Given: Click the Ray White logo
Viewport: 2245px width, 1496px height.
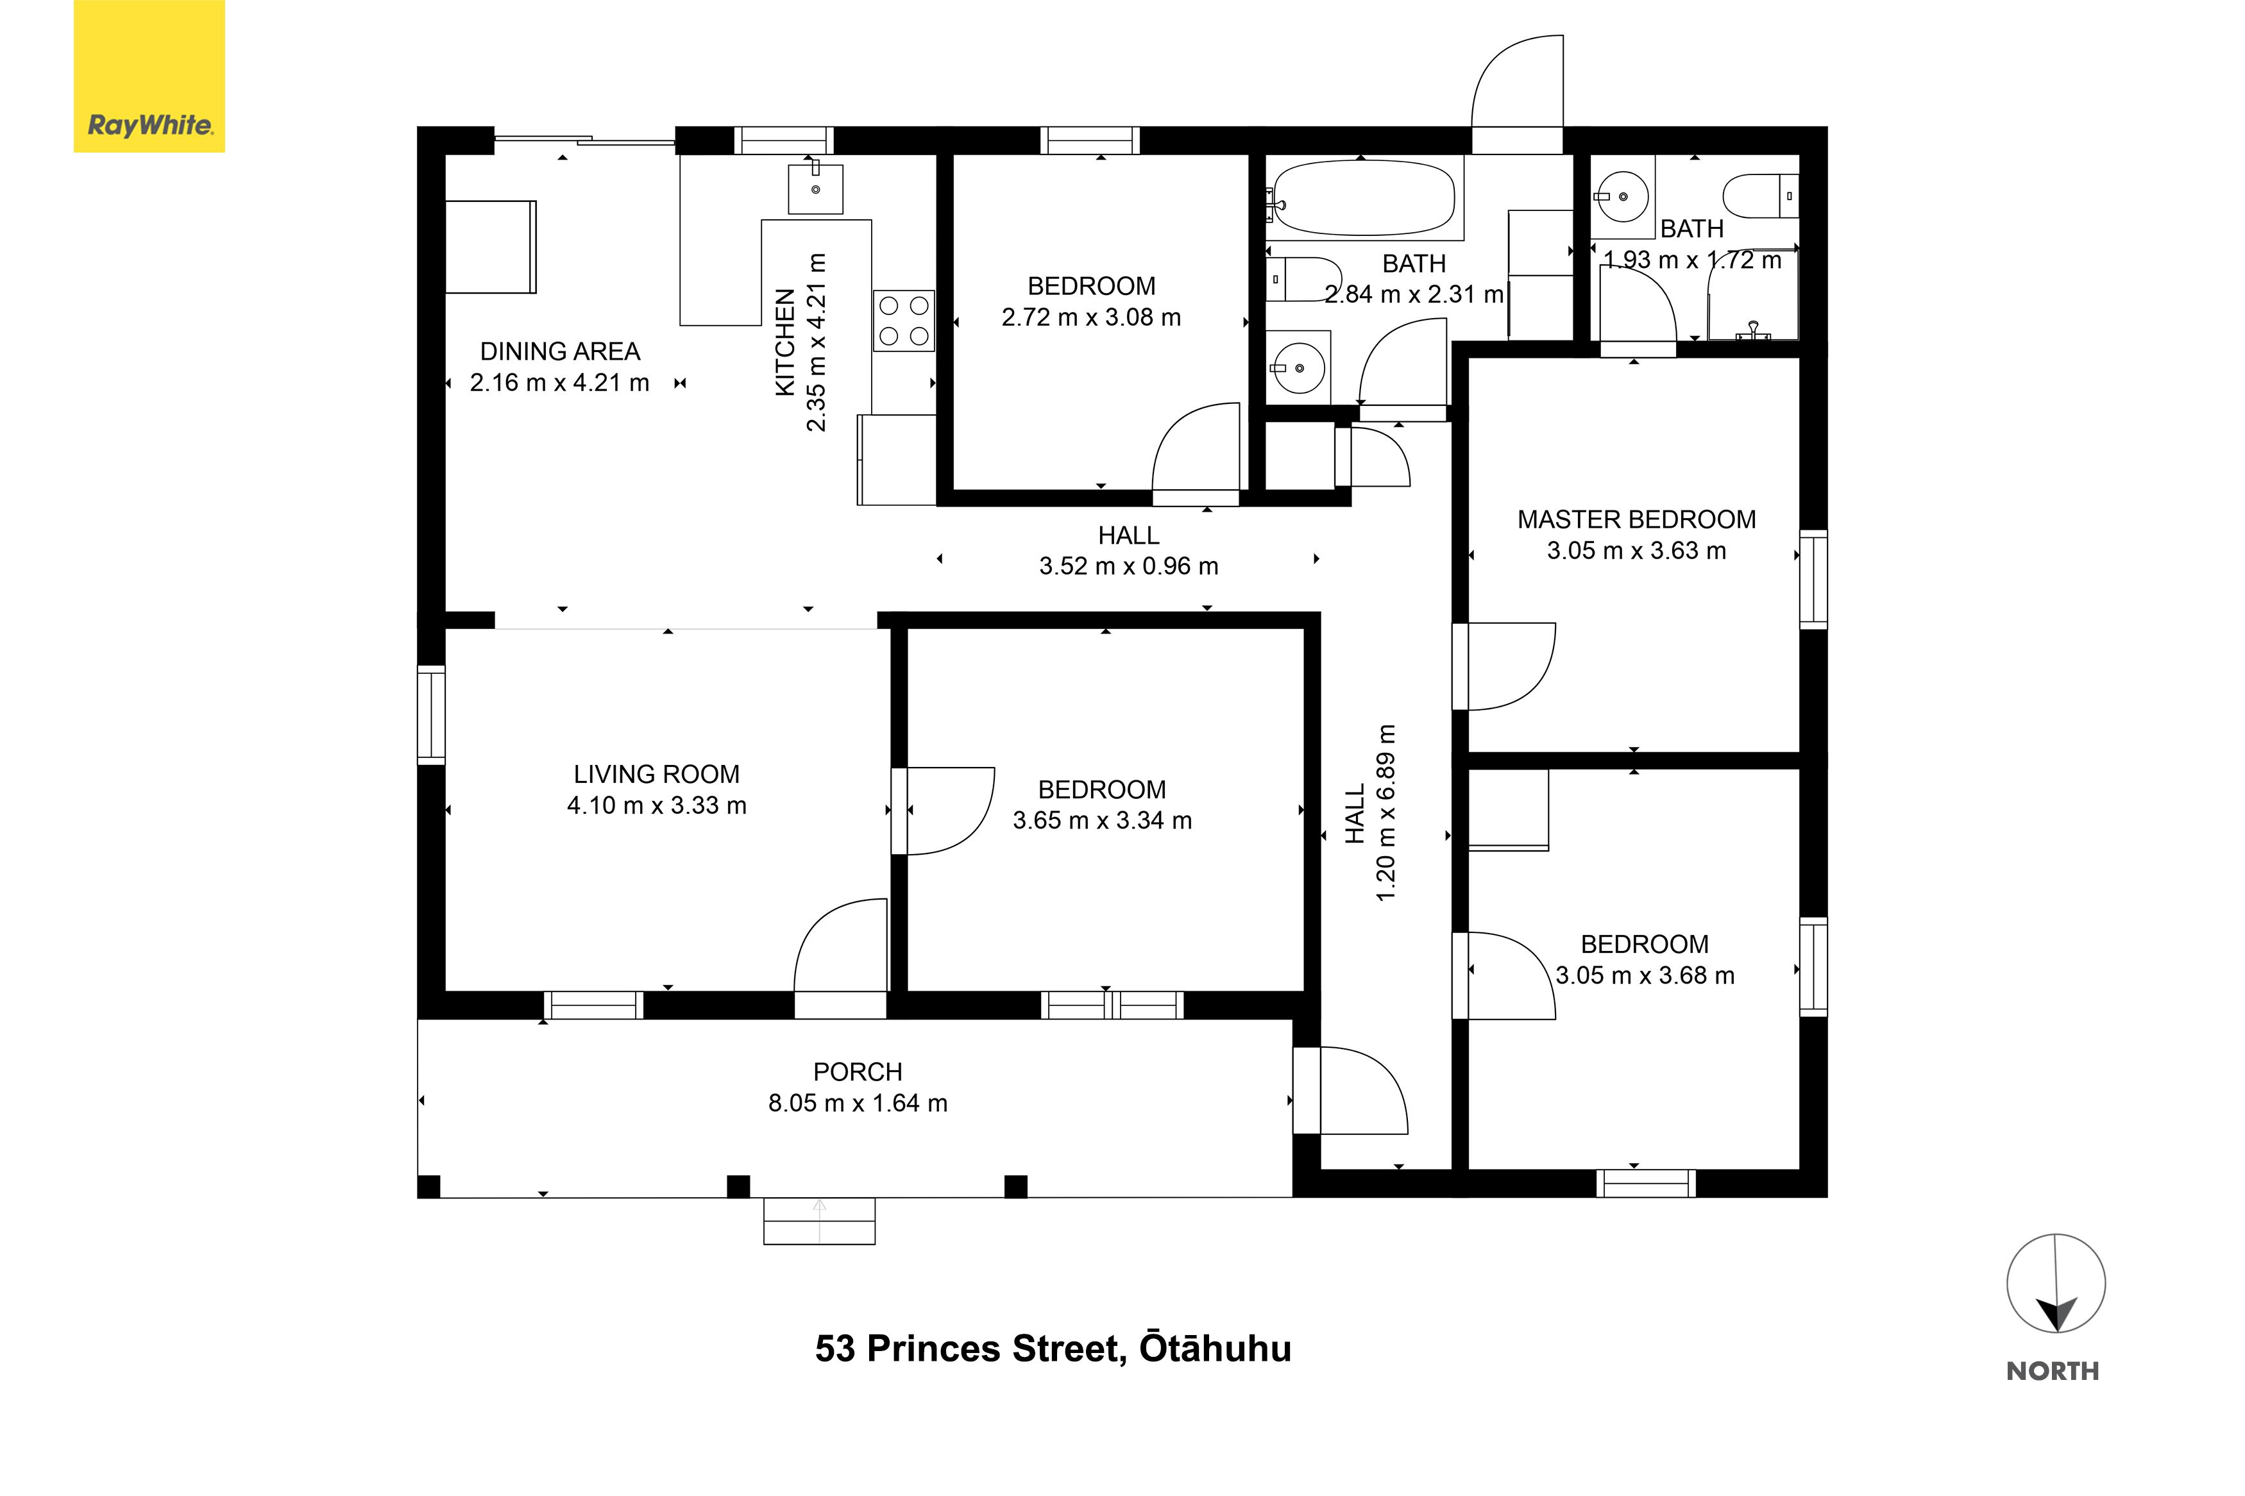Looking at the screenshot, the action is pyautogui.click(x=149, y=76).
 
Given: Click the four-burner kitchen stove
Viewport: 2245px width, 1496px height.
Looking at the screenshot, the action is pyautogui.click(x=902, y=321).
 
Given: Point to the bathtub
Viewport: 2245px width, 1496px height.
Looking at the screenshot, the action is pyautogui.click(x=1364, y=198).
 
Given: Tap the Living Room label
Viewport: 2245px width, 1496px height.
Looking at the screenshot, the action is pyautogui.click(x=656, y=774).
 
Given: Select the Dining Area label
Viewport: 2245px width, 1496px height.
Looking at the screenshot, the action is pyautogui.click(x=560, y=351).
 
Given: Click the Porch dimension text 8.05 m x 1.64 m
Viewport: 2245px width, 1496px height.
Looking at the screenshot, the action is pyautogui.click(x=858, y=1103).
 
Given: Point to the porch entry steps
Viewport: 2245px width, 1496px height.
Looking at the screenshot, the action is pyautogui.click(x=818, y=1221).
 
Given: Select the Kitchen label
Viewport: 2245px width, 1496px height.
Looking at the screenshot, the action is pyautogui.click(x=784, y=342).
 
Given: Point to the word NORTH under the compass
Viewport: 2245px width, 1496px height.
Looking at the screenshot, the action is pyautogui.click(x=2053, y=1371).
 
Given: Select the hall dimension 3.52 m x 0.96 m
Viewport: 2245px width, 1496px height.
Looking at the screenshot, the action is pyautogui.click(x=1129, y=566).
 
